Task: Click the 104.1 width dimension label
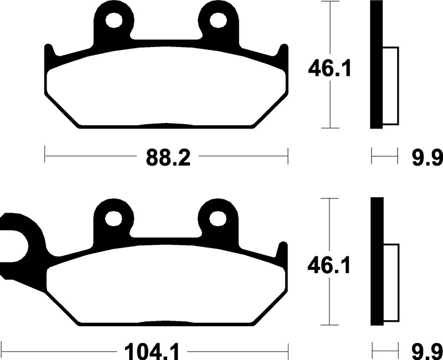coord(152,352)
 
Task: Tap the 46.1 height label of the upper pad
coord(329,69)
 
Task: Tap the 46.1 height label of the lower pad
coord(329,266)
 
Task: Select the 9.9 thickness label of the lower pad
coord(427,352)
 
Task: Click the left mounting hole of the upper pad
coord(114,20)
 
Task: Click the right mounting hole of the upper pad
coord(218,20)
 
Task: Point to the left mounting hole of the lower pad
coord(114,218)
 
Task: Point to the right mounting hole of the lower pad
coord(218,218)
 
